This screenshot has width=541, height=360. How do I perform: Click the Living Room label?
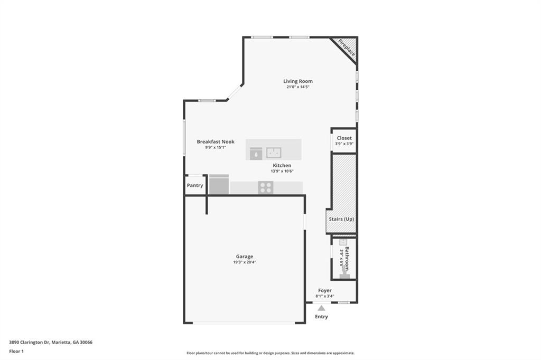point(298,81)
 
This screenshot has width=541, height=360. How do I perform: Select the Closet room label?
point(344,138)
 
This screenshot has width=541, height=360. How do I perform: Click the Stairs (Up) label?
point(341,219)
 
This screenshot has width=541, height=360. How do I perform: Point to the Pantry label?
point(195,185)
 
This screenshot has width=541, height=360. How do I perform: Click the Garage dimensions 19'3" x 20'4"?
point(244,262)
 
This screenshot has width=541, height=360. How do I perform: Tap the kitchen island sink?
point(274,153)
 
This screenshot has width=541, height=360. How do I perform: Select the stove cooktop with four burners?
point(266,187)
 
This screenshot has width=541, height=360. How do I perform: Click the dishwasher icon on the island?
point(256,153)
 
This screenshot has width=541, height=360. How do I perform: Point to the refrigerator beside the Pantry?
point(219,185)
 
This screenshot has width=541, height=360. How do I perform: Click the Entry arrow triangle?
point(321,308)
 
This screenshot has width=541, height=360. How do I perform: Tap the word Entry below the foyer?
point(321,317)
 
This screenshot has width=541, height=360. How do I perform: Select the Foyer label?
point(325,290)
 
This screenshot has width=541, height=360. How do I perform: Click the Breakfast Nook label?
point(216,141)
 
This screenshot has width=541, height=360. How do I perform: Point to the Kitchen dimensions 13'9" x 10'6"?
point(282,171)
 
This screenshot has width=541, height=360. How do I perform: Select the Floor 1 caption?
point(16,351)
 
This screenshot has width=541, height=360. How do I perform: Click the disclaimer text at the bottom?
point(270,353)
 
